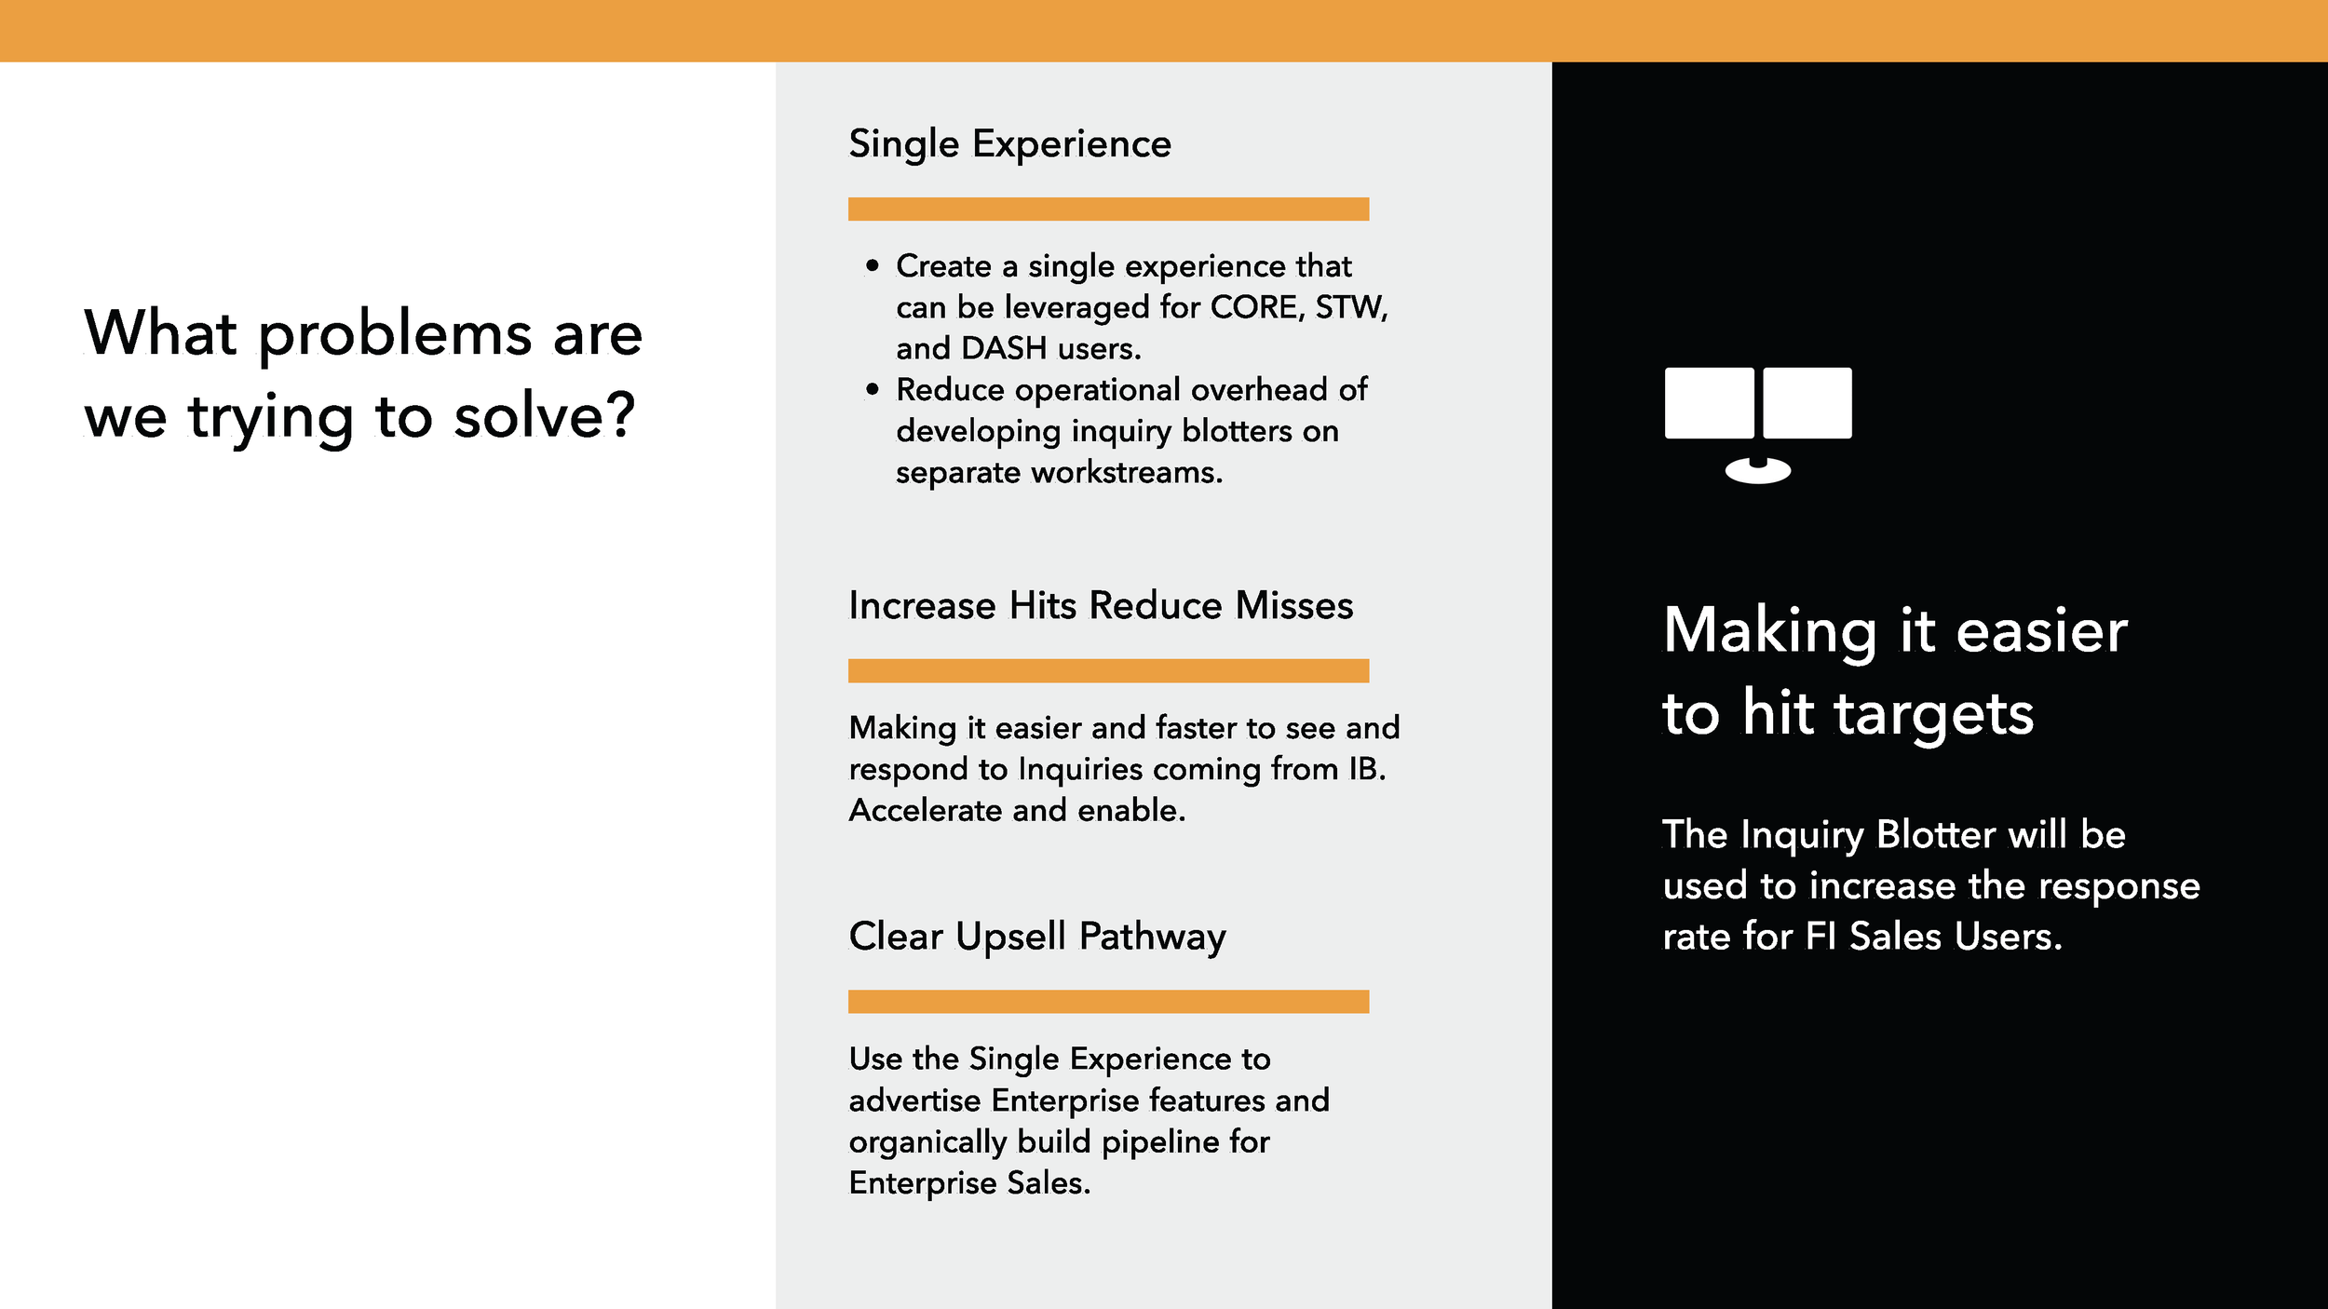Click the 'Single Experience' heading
point(1009,145)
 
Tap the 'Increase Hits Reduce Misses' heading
point(1101,605)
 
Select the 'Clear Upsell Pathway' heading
point(1037,938)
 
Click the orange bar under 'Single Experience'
point(1108,209)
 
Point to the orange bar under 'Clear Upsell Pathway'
point(1108,1001)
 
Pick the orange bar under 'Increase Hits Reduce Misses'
point(1108,670)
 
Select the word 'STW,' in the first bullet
point(1351,308)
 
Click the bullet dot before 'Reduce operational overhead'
point(872,389)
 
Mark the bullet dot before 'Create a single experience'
point(872,266)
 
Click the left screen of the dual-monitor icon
point(1710,402)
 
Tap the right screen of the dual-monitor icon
point(1807,402)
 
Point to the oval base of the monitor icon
point(1758,471)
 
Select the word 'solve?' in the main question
point(545,415)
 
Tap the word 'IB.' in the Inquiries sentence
point(1367,769)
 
